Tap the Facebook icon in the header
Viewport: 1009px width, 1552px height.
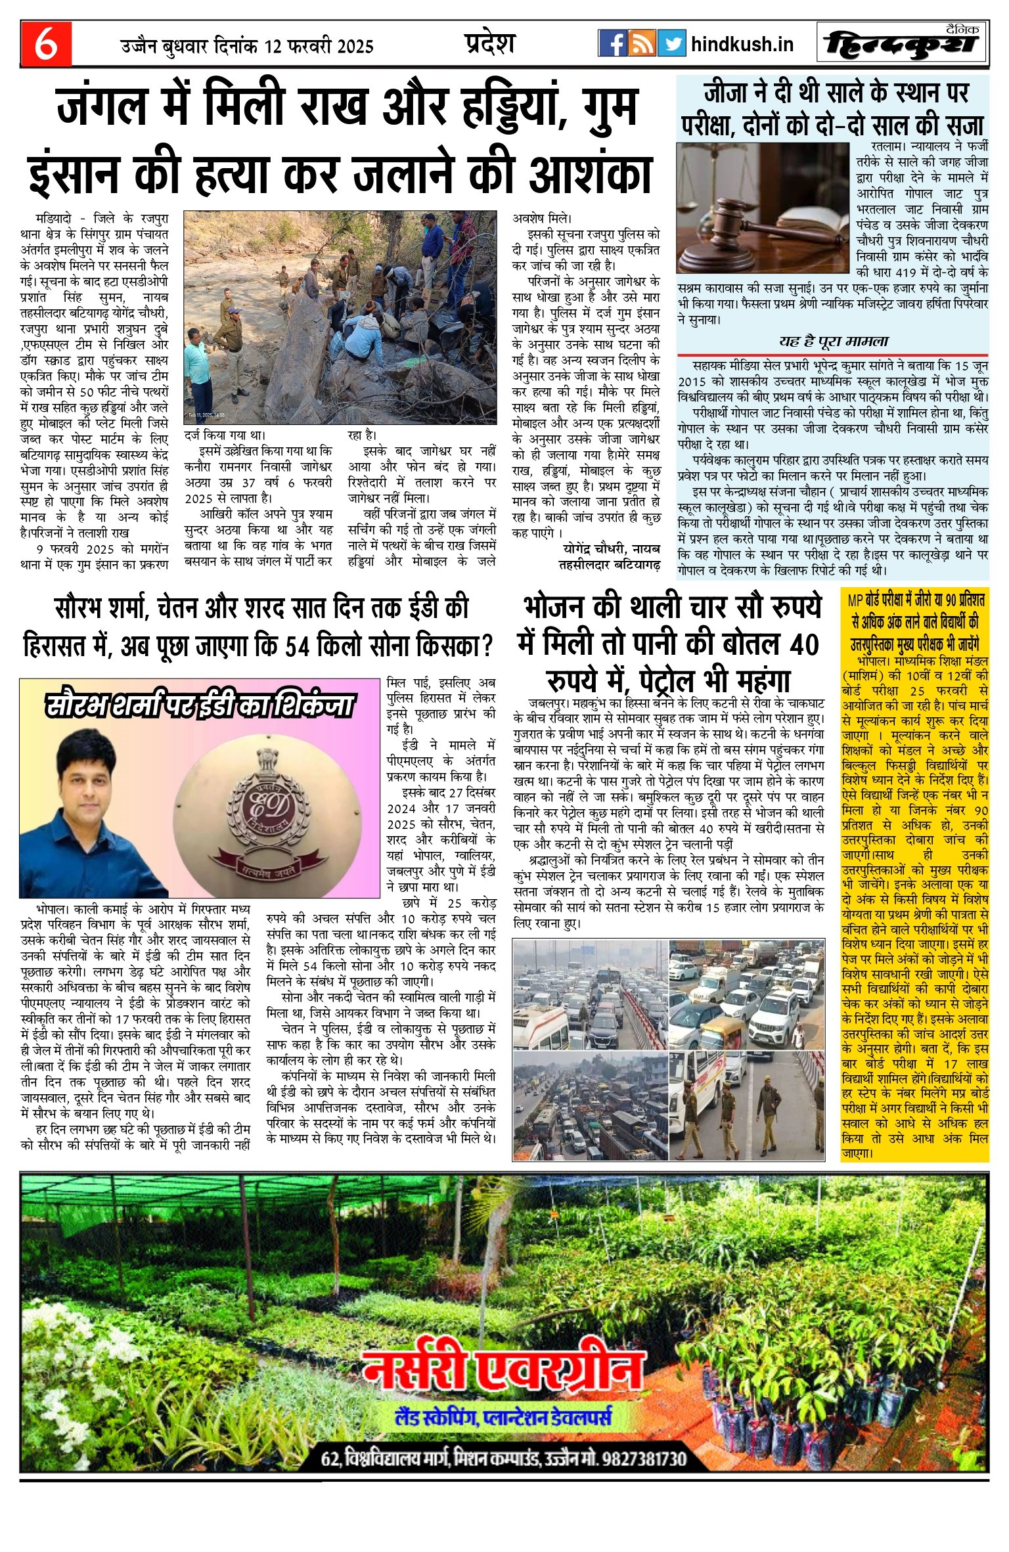click(612, 43)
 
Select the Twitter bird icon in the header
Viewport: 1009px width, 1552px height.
click(671, 43)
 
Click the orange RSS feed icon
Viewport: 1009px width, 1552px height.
click(642, 43)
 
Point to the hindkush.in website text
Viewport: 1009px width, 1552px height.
click(742, 45)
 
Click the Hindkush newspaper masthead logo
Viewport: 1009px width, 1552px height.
click(903, 44)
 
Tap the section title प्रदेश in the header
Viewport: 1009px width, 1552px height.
click(490, 43)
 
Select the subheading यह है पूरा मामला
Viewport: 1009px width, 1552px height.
click(834, 342)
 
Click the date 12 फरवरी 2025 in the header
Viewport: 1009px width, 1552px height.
click(319, 47)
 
